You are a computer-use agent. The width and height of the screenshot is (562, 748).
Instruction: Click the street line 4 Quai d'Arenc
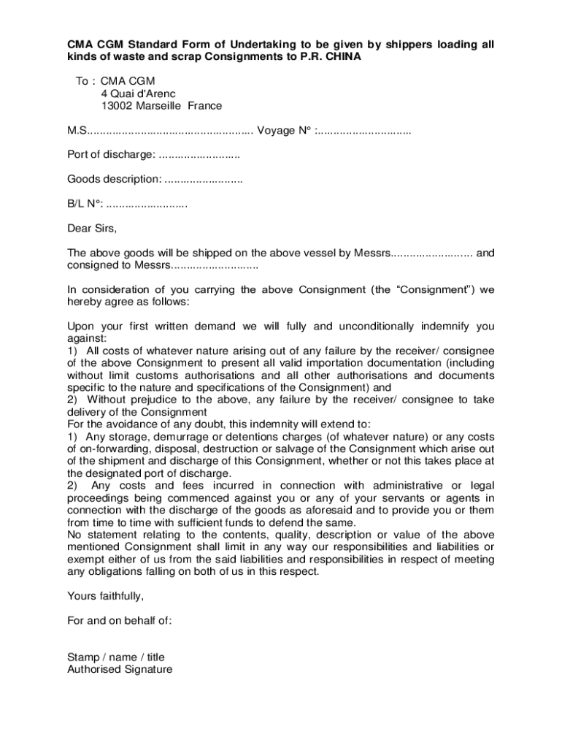139,93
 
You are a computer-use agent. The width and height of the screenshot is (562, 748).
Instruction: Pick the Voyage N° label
285,131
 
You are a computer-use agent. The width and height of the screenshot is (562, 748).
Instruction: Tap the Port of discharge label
111,155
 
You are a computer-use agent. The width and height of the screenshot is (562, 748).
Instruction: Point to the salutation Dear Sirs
92,228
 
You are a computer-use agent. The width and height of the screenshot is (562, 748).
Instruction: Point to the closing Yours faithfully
101,595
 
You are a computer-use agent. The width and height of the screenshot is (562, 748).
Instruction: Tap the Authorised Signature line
120,669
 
